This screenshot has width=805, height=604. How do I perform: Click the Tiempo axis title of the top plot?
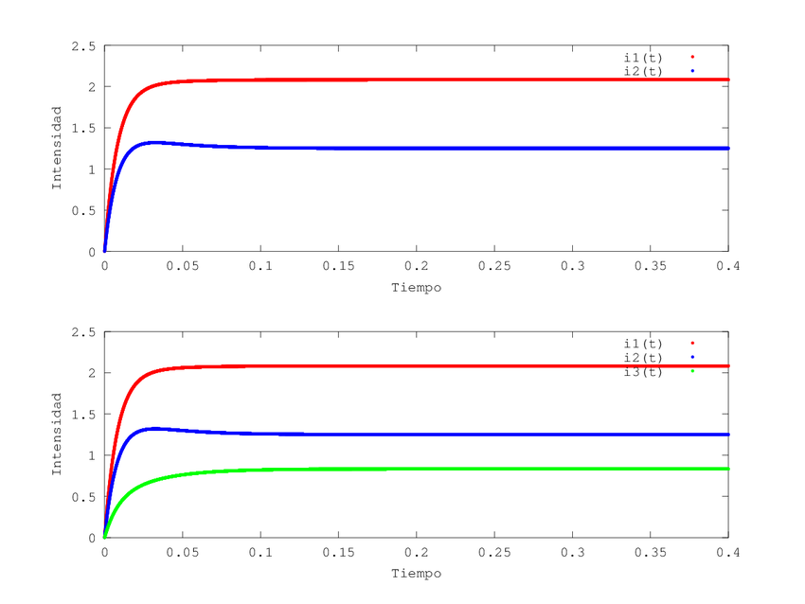(x=416, y=287)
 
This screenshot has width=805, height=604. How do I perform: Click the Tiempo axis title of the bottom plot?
(x=416, y=573)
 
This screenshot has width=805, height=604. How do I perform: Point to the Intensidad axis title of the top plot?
(x=57, y=148)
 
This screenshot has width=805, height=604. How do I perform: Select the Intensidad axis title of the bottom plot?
(x=57, y=434)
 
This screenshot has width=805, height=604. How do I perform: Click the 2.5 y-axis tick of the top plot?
(x=85, y=45)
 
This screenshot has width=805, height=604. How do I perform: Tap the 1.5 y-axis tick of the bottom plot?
(x=85, y=414)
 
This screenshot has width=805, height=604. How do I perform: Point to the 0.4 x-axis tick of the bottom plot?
(x=727, y=552)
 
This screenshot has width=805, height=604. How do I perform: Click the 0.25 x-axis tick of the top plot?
(x=493, y=266)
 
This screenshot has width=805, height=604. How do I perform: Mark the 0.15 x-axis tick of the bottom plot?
(x=338, y=552)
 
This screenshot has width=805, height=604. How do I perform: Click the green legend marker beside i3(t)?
(x=692, y=371)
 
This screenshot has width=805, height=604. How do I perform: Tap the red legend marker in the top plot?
(x=692, y=58)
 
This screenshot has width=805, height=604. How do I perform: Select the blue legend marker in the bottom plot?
(x=692, y=357)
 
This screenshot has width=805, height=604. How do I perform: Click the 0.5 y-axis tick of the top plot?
(x=85, y=210)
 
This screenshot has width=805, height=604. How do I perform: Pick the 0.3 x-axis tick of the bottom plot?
(x=572, y=552)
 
